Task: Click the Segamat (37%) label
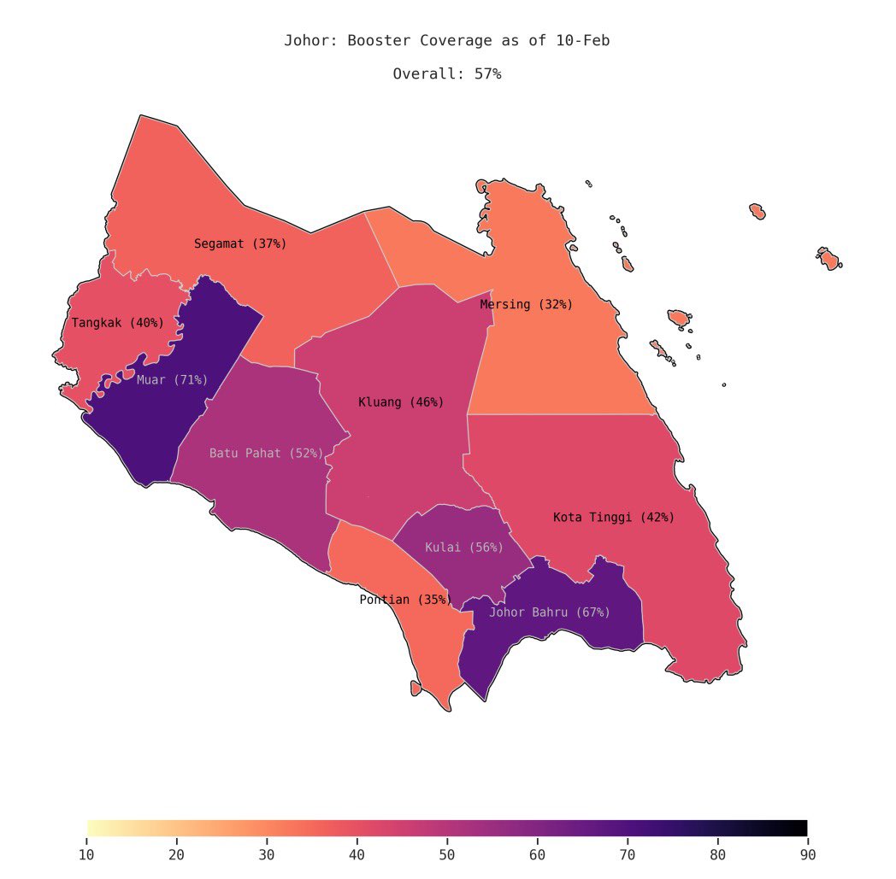pos(240,243)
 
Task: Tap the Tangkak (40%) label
pos(117,323)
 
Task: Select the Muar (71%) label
pos(172,379)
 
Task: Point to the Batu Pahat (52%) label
pos(266,453)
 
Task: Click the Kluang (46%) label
pos(401,401)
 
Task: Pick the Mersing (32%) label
pos(526,304)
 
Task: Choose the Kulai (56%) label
pos(464,547)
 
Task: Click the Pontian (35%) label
pos(405,600)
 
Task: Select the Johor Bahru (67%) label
pos(550,612)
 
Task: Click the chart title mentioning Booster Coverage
pos(447,41)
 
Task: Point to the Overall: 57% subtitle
pos(447,74)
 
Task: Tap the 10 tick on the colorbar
pos(87,853)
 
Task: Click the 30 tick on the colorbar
pos(268,853)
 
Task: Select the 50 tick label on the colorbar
pos(447,853)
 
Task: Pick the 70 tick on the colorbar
pos(628,853)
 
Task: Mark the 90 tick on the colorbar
pos(807,853)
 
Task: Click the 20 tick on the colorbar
pos(177,853)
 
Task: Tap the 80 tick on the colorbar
pos(717,853)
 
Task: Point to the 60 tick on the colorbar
pos(537,853)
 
